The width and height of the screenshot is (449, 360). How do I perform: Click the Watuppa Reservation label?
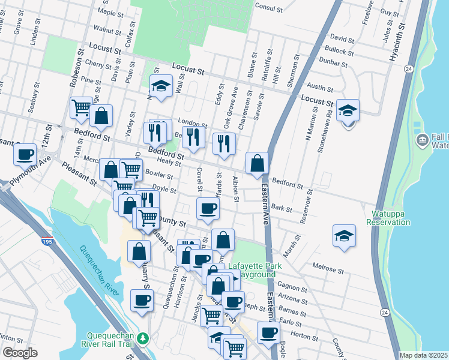[388, 217]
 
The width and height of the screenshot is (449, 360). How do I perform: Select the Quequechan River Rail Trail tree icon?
[142, 339]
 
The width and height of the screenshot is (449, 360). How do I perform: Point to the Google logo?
[20, 353]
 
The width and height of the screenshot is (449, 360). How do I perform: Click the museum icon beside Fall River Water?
[422, 141]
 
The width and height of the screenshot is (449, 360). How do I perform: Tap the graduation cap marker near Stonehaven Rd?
[348, 111]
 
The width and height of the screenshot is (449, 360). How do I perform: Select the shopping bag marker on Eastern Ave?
[257, 163]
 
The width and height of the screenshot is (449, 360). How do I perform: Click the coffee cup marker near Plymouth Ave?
[25, 155]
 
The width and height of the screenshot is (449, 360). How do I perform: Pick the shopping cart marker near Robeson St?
[80, 109]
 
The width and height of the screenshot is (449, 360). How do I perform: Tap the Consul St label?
[268, 8]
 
